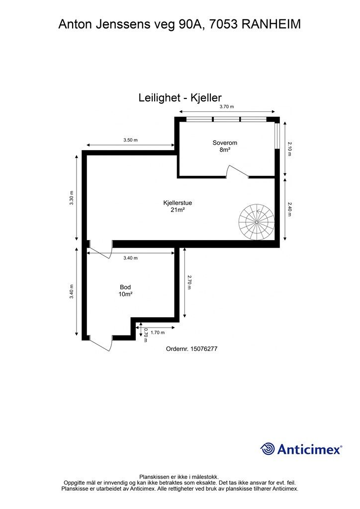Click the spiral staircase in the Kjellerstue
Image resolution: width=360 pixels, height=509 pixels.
click(257, 222)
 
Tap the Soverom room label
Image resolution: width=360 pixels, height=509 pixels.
click(225, 143)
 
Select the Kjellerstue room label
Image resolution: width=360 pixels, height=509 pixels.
click(178, 203)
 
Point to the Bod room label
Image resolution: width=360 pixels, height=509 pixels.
click(125, 287)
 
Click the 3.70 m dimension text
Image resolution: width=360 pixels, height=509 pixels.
click(227, 106)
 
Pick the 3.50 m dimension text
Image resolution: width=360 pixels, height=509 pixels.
click(130, 140)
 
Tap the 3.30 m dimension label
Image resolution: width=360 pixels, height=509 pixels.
click(72, 198)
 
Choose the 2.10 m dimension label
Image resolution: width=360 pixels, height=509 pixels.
click(289, 149)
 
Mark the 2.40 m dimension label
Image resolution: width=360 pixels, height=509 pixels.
click(289, 209)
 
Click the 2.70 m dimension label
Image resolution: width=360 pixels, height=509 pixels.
click(189, 282)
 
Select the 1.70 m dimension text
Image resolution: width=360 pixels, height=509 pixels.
click(158, 333)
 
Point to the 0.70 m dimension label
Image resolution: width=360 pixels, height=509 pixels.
click(146, 335)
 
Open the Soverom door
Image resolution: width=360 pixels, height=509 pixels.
click(237, 171)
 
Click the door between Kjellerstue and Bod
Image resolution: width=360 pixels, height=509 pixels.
click(100, 250)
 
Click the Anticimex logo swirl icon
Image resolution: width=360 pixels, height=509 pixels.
click(268, 449)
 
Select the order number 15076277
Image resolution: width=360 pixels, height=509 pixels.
click(204, 349)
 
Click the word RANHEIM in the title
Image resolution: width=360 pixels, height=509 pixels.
click(271, 24)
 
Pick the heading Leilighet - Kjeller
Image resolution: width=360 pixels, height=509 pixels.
click(180, 97)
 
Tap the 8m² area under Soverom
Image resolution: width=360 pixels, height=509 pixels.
click(225, 150)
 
